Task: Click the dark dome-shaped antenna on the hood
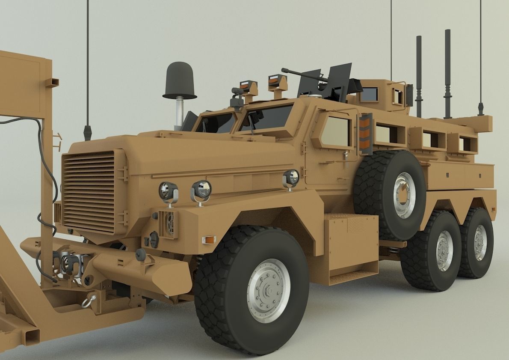[x=180, y=80]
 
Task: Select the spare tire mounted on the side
[x=390, y=193]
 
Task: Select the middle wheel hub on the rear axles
[x=444, y=250]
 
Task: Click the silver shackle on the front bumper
[x=89, y=300]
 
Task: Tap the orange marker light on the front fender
[x=209, y=239]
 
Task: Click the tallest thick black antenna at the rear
[x=447, y=73]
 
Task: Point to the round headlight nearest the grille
[x=169, y=191]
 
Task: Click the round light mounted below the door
[x=291, y=177]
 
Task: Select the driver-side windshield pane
[x=265, y=117]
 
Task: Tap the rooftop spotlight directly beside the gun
[x=277, y=82]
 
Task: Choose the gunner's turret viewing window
[x=369, y=95]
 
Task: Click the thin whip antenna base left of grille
[x=88, y=133]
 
